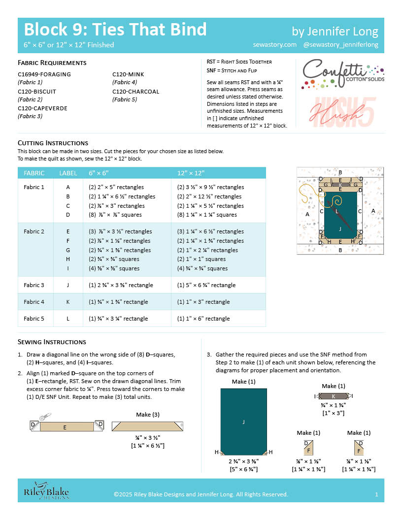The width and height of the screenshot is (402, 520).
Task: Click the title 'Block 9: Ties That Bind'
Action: (x=115, y=30)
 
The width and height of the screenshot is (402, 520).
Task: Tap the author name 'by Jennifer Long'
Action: (x=335, y=32)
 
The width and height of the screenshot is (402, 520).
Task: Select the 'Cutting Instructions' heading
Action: (x=53, y=143)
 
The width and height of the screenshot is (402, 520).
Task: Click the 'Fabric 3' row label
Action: (x=34, y=285)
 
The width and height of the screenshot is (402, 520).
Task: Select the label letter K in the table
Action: (x=68, y=302)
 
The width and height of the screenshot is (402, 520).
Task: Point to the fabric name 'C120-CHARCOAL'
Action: (x=135, y=92)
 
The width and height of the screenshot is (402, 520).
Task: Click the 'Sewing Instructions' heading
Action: (x=52, y=342)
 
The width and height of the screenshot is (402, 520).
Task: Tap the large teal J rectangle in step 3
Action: (x=243, y=422)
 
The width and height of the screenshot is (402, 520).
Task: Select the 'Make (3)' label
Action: (x=143, y=415)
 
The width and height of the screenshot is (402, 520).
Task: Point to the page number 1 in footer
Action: (x=376, y=494)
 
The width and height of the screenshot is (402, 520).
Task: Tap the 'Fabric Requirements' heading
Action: (x=52, y=63)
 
